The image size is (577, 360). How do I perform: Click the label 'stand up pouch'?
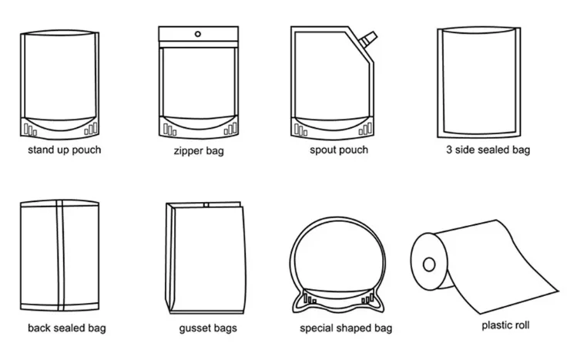tap(64, 150)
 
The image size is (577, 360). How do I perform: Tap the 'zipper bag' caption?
tap(199, 151)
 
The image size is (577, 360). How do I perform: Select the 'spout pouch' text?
tap(339, 150)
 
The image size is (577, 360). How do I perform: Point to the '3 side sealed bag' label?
tap(488, 150)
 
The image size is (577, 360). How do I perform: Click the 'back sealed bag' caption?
tap(67, 328)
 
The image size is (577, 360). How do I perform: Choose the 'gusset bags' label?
tap(207, 328)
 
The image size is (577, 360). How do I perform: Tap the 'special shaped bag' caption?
tap(346, 328)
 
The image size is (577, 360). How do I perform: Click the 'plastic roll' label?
tap(505, 325)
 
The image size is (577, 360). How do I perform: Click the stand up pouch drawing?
tap(60, 81)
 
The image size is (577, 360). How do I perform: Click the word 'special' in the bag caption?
tap(317, 328)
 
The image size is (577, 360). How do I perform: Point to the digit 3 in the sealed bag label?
tap(449, 150)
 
